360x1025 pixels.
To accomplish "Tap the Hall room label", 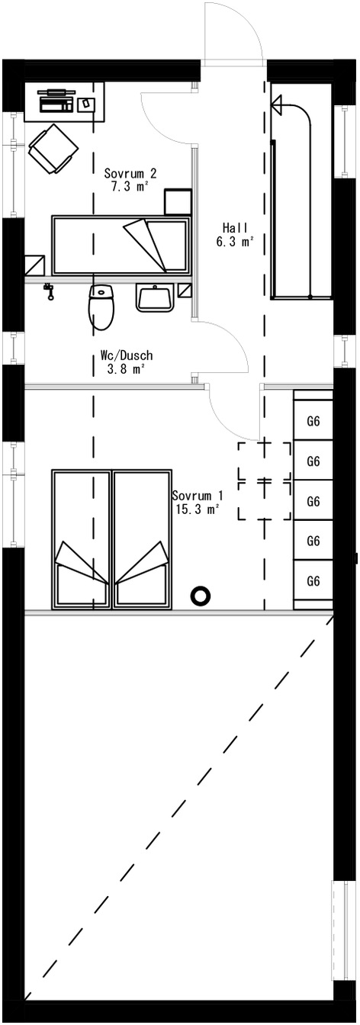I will [234, 228].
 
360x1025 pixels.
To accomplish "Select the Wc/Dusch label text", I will [127, 355].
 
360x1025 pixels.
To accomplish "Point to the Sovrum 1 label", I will [198, 494].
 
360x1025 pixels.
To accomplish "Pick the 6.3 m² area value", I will [234, 242].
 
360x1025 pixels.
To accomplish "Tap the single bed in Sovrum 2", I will [119, 246].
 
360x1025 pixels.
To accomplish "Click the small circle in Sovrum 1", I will [201, 595].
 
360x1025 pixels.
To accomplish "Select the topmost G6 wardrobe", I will [313, 421].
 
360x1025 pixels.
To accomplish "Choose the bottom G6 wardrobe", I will [313, 580].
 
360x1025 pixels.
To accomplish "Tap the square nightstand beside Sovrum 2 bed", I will [178, 203].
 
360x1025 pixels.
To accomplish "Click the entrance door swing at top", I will [233, 34].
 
